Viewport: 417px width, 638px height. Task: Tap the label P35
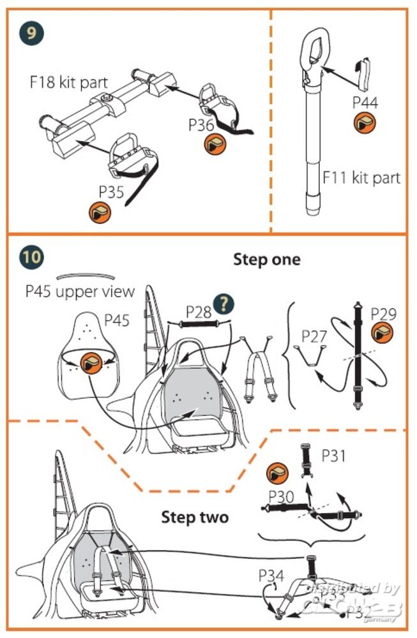pyautogui.click(x=111, y=191)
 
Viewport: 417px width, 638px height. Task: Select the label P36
pyautogui.click(x=201, y=125)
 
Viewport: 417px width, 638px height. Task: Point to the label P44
pyautogui.click(x=365, y=102)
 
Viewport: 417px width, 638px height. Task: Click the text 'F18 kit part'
pyautogui.click(x=68, y=83)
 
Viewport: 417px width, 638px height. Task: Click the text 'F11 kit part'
pyautogui.click(x=361, y=177)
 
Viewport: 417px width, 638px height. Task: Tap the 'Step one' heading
pyautogui.click(x=266, y=259)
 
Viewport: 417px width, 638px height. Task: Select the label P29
pyautogui.click(x=383, y=313)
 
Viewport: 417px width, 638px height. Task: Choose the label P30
pyautogui.click(x=281, y=496)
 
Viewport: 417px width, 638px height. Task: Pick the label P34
pyautogui.click(x=271, y=576)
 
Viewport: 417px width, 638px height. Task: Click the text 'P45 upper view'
pyautogui.click(x=80, y=291)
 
